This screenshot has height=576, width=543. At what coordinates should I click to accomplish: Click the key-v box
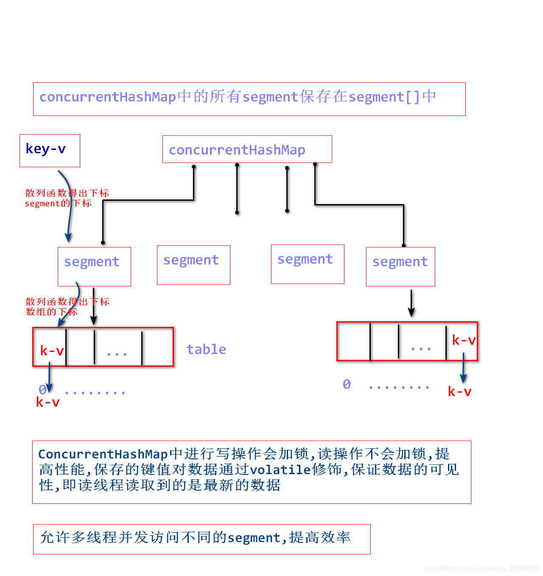(50, 150)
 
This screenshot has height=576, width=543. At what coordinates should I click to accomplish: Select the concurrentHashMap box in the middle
(247, 149)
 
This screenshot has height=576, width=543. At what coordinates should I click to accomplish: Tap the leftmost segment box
(94, 266)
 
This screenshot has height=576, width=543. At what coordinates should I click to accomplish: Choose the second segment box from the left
(193, 264)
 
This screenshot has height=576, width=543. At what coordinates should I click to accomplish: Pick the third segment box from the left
(308, 264)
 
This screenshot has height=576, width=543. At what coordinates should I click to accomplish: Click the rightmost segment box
(400, 266)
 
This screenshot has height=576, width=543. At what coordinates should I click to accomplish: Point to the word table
(206, 349)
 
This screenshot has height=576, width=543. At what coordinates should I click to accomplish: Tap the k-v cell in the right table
(463, 340)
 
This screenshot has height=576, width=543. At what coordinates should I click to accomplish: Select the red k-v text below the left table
(48, 402)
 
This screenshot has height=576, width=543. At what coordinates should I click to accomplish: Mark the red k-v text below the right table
(459, 392)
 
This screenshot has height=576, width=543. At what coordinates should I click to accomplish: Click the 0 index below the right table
(347, 385)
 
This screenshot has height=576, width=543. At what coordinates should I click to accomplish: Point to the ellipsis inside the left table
(117, 353)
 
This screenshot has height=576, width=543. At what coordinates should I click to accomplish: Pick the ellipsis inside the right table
(421, 348)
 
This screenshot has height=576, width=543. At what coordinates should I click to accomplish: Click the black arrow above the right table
(411, 303)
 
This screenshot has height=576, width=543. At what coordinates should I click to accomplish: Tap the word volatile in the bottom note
(280, 470)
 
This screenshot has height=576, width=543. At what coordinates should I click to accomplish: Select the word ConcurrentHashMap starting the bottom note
(103, 454)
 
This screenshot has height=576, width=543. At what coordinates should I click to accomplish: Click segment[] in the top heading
(384, 97)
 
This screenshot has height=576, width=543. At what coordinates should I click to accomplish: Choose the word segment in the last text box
(254, 538)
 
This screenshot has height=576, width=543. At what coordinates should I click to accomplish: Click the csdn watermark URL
(481, 568)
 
